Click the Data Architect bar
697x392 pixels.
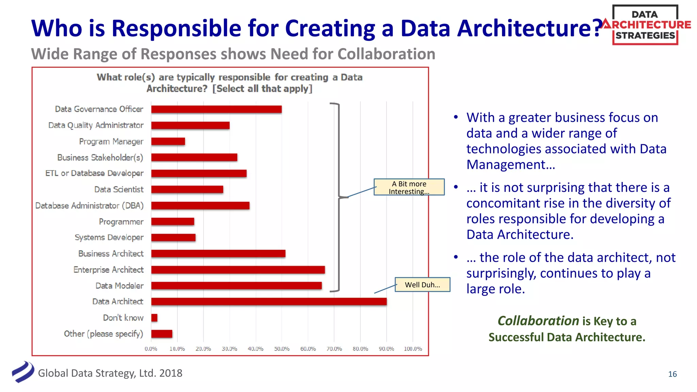click(x=269, y=301)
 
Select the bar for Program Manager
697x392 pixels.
click(x=168, y=141)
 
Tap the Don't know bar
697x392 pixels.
click(x=154, y=318)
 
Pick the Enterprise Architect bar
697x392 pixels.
click(x=238, y=270)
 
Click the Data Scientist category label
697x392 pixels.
click(x=119, y=190)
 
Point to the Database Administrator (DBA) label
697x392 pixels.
click(x=90, y=206)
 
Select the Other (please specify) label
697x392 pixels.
click(x=103, y=334)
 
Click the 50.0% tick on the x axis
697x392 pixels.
click(x=282, y=349)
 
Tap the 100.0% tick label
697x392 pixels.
click(x=413, y=349)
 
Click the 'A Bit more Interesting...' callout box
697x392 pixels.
click(x=409, y=187)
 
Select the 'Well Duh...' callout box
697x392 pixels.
click(x=422, y=285)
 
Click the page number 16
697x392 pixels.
click(x=672, y=374)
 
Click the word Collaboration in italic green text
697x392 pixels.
click(x=538, y=321)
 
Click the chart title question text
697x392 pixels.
click(x=229, y=83)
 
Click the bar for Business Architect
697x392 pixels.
click(x=218, y=254)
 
